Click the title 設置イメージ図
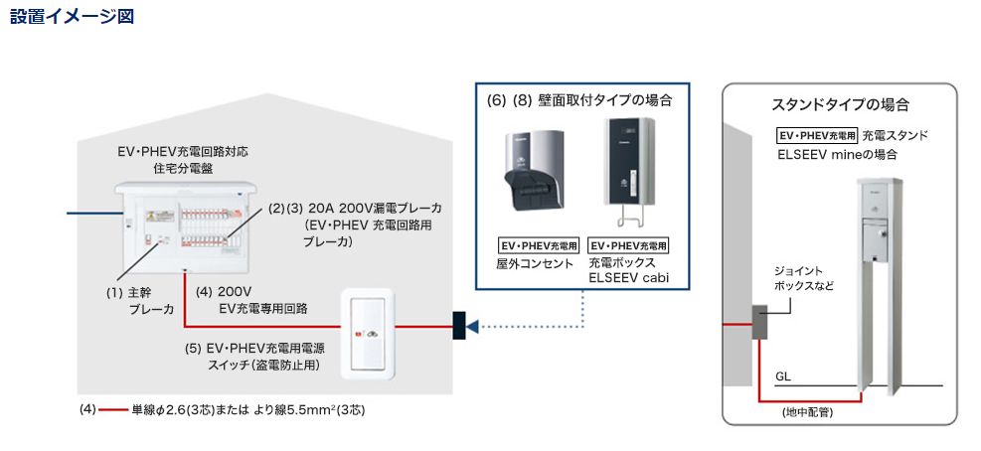click(71, 16)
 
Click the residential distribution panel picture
click(185, 225)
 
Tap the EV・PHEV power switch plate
click(370, 334)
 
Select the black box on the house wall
click(458, 326)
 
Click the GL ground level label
click(783, 376)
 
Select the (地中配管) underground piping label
click(807, 411)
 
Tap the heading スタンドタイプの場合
click(841, 104)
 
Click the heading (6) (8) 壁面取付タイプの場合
click(579, 100)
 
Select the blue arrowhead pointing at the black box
click(473, 326)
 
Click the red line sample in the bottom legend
click(112, 409)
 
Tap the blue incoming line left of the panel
click(89, 212)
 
